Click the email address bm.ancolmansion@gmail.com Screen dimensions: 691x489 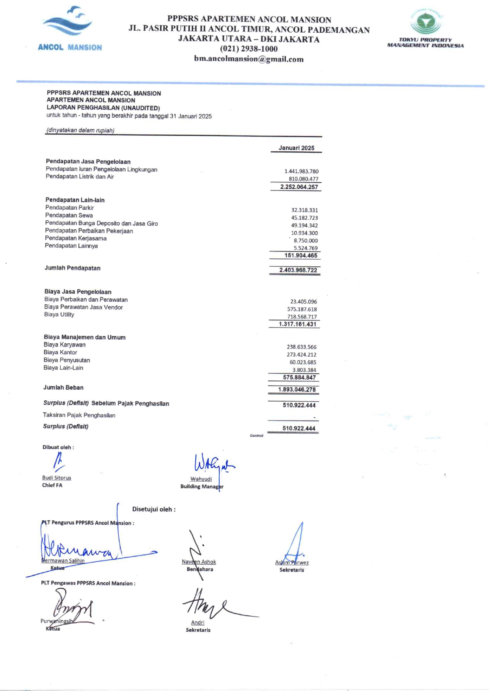(x=248, y=59)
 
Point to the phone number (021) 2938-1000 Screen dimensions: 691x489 (x=248, y=49)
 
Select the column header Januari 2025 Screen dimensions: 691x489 (x=296, y=148)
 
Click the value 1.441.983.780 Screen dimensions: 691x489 (x=301, y=171)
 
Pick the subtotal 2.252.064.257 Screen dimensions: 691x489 (x=299, y=187)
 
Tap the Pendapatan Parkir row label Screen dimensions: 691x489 (x=69, y=208)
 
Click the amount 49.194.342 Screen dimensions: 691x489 (x=304, y=225)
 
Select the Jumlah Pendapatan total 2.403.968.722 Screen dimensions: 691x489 (x=298, y=270)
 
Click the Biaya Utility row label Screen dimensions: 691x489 (x=59, y=315)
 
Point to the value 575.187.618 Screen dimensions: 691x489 (x=302, y=309)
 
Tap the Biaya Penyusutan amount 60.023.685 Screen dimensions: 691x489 (x=302, y=362)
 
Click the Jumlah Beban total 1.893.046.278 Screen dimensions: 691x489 (x=297, y=389)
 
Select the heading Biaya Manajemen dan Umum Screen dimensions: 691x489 (x=84, y=337)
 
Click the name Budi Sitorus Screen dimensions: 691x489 (x=56, y=478)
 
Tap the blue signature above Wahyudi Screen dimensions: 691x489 (x=213, y=464)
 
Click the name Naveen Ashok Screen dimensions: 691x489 (x=199, y=562)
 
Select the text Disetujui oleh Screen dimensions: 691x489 (x=154, y=509)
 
